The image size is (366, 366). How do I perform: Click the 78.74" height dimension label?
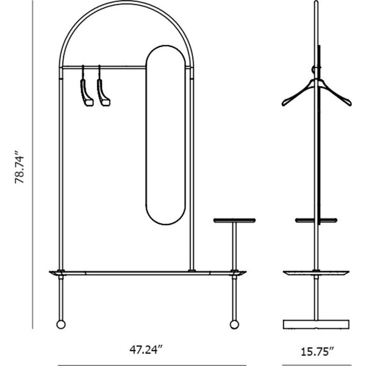[x=20, y=167]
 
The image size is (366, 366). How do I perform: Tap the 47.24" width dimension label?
[x=146, y=350]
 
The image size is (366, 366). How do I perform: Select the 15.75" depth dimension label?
[x=317, y=352]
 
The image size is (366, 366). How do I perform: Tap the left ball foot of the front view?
[x=61, y=325]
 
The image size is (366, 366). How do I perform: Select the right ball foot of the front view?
[x=234, y=325]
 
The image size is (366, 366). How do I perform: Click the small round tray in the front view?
[x=234, y=220]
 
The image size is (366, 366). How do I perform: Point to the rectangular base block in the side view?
[x=316, y=325]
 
